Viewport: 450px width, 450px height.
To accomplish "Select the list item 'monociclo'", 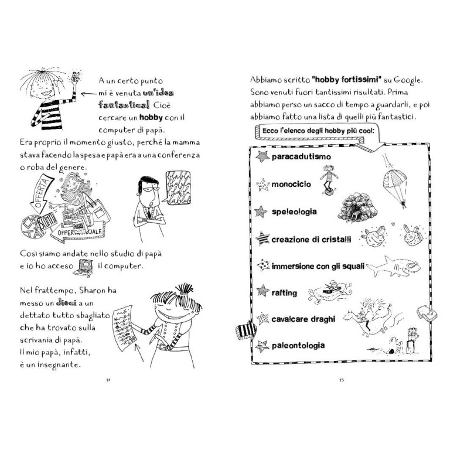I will [291, 185].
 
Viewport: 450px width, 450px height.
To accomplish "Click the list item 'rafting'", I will [284, 292].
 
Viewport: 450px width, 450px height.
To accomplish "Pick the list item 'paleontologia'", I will [298, 346].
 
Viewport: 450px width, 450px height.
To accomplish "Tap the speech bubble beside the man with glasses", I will [180, 187].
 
